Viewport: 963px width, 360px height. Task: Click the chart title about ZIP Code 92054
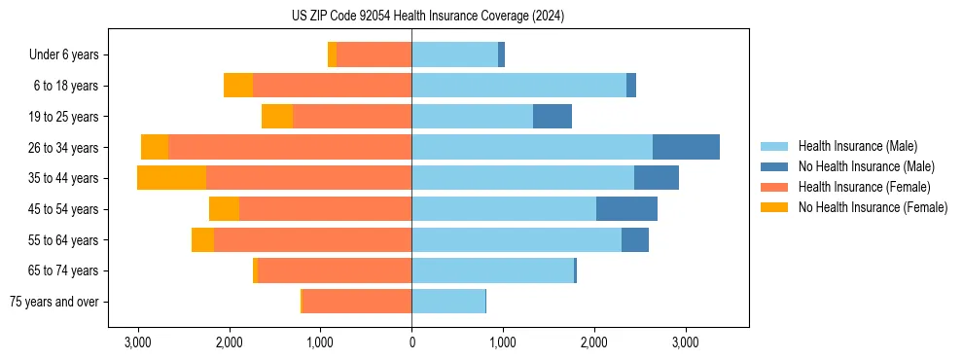click(x=427, y=17)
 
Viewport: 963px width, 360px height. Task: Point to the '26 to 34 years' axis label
click(x=64, y=148)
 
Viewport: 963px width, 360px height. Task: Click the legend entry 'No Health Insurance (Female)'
click(x=873, y=207)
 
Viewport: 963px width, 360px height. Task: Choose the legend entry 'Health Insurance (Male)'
click(x=857, y=146)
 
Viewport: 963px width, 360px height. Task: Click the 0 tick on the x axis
click(x=411, y=342)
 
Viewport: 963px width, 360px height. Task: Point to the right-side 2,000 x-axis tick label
click(x=594, y=342)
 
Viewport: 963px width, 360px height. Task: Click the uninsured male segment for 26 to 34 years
click(x=686, y=147)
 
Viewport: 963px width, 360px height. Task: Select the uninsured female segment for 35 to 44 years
click(x=171, y=178)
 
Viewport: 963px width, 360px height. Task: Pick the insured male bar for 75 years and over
click(x=448, y=302)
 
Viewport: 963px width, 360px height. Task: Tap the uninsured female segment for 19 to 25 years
click(x=277, y=117)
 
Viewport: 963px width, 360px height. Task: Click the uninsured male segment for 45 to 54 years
click(x=626, y=209)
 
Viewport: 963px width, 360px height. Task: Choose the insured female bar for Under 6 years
click(x=374, y=55)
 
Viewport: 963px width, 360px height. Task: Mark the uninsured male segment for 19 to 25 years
click(x=553, y=117)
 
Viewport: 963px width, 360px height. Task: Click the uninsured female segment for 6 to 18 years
click(x=238, y=86)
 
